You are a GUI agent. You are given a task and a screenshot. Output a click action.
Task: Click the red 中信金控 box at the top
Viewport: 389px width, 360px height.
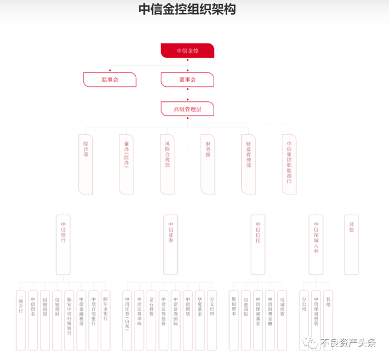coord(187,51)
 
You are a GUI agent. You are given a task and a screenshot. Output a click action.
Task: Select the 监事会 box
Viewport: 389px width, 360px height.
coord(109,80)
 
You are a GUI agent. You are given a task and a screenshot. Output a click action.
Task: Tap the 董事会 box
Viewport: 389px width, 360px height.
coord(187,80)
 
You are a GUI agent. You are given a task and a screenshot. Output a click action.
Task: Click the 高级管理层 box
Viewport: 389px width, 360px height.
coord(187,109)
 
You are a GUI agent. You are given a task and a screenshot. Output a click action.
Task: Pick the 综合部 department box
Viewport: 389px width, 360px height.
coord(86,164)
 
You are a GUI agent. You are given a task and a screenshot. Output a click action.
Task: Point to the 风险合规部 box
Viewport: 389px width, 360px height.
coord(167,164)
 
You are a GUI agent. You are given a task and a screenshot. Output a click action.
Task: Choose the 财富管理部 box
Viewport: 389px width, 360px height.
coord(248,164)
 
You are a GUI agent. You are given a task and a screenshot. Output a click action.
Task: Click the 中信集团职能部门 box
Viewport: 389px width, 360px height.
coord(289,164)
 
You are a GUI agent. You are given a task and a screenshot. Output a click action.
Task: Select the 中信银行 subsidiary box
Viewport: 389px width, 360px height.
coord(63,244)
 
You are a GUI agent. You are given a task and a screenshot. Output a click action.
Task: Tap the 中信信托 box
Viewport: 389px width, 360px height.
coord(258,244)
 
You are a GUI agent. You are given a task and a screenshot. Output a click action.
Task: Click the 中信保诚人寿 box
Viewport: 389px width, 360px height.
coord(316,244)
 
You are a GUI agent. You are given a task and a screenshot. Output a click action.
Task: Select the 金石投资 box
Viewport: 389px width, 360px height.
coord(151,319)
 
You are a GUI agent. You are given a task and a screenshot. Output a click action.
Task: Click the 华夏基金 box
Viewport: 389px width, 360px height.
coord(200,319)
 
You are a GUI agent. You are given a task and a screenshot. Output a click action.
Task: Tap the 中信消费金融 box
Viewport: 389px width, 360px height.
coord(270,319)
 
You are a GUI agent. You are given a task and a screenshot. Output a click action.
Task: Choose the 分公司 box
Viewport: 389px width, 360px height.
coord(304,319)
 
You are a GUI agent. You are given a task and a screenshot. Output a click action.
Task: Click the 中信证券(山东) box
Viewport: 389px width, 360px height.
coord(127,319)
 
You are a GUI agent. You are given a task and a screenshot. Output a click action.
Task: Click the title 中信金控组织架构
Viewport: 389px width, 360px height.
coord(187,10)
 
